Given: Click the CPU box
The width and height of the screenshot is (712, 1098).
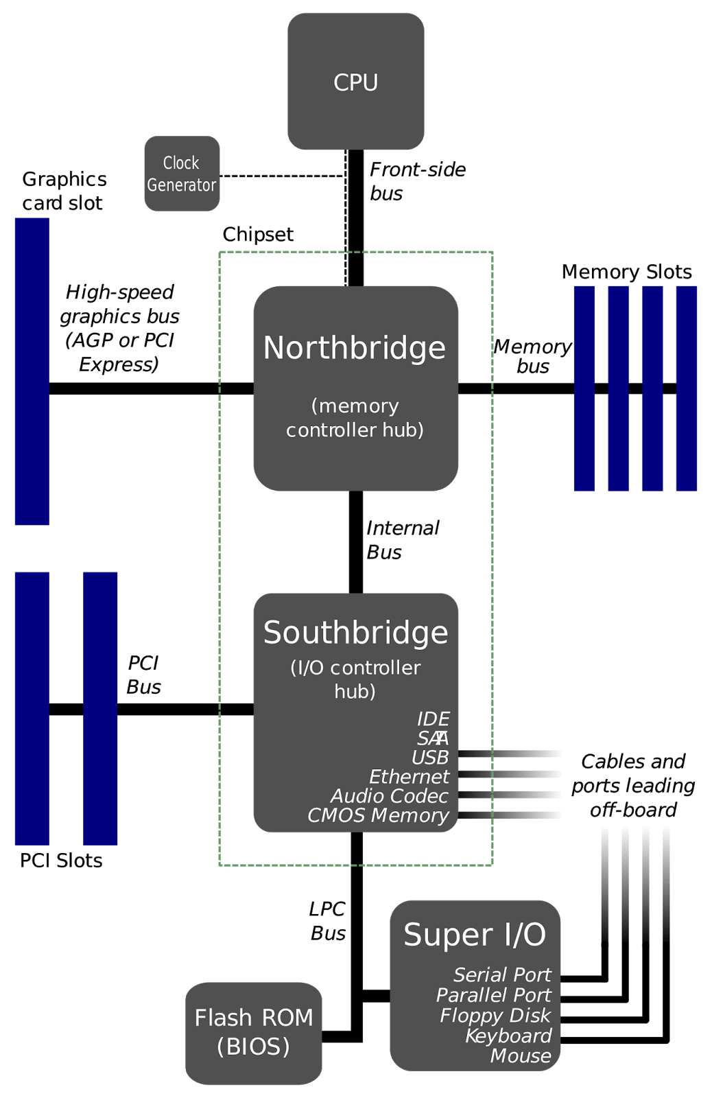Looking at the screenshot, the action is point(356,82).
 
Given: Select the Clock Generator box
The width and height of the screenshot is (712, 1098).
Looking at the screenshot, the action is point(182,174).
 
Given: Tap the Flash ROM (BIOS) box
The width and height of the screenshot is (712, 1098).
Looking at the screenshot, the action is point(253,1033).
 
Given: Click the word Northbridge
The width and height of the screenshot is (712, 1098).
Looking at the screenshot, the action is point(355,347).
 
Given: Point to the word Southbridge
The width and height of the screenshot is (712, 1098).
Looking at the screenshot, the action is point(356,632).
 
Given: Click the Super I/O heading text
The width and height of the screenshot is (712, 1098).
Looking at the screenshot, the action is point(475,934).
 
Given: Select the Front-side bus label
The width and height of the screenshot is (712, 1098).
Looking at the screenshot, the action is point(418,181).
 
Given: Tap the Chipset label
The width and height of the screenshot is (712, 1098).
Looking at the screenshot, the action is point(258,235).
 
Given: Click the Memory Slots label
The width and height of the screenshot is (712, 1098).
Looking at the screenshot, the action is point(627,272).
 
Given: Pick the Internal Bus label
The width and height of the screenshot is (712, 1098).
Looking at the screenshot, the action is point(403,540).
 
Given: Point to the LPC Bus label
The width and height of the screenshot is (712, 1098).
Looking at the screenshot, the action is point(328,921).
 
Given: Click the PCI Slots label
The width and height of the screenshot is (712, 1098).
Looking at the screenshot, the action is point(61,861).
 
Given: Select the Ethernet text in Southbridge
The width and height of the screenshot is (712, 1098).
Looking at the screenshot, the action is point(409,776).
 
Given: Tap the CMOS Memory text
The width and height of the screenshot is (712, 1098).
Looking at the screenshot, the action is point(378,815).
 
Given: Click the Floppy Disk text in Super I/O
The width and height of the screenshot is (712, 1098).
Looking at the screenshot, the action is point(495,1015).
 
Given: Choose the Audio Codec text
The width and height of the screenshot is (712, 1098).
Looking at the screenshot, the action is point(389,795).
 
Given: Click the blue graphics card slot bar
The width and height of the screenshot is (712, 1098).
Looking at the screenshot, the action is point(32,371).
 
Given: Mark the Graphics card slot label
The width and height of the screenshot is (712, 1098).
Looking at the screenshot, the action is point(64,191).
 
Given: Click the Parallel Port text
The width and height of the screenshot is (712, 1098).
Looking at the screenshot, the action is point(494,995).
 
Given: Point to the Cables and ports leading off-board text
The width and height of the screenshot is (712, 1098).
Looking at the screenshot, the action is point(633,785).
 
